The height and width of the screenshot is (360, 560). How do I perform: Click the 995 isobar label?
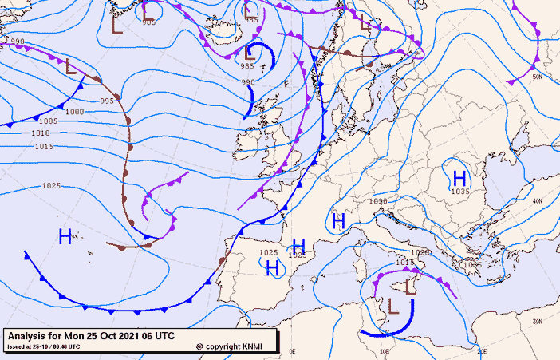coord(107,101)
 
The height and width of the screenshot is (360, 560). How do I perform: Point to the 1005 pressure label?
coord(49,121)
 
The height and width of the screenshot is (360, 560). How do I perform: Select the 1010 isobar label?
coord(41,133)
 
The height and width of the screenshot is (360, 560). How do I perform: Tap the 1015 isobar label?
coord(44,146)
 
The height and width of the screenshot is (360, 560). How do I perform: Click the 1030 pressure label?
coord(378,201)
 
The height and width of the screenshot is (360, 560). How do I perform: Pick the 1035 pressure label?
coord(460,192)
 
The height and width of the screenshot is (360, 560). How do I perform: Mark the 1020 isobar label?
coord(423,253)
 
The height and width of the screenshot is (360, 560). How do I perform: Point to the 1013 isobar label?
coord(404,262)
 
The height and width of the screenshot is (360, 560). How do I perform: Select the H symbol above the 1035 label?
coord(459,176)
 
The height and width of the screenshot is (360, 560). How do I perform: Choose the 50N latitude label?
coord(537,77)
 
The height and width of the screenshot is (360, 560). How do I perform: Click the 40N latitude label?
coord(538,201)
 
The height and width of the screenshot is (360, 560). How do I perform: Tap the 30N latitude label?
coord(538,321)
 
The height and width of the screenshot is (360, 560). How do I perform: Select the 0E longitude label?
coord(292,351)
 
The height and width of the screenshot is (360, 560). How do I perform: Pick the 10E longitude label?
coord(385,351)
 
